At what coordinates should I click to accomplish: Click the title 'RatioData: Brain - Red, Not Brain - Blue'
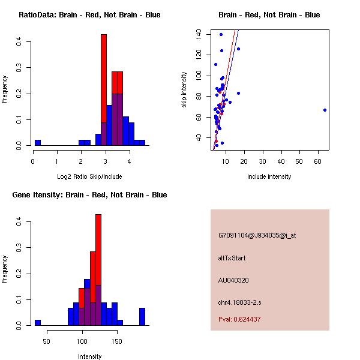89,15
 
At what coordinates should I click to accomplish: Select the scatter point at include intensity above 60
325,110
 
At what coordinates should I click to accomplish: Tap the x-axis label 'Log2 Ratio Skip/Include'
89,176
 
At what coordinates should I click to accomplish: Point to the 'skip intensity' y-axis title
184,89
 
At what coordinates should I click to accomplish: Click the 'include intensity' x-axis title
269,176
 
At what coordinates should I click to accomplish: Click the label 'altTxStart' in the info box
232,258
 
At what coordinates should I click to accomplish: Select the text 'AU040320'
233,280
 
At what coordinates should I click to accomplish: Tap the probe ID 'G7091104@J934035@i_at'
257,235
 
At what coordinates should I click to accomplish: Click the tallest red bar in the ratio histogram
104,90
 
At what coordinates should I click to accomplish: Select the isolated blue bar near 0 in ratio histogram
38,143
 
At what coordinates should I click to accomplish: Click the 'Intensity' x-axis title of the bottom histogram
89,356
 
